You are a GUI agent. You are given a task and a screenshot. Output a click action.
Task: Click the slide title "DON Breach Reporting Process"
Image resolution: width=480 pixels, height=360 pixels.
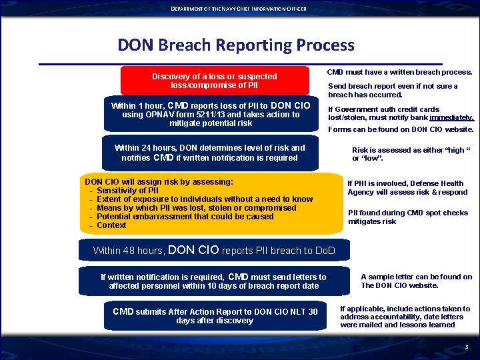click(236, 45)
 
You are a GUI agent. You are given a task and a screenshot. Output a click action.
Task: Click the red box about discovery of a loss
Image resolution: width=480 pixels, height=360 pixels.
click(214, 81)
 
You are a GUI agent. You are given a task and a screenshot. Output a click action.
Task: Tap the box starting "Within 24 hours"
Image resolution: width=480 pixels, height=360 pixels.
click(209, 153)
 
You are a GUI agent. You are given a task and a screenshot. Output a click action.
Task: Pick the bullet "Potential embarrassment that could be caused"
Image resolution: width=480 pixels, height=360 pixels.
click(185, 217)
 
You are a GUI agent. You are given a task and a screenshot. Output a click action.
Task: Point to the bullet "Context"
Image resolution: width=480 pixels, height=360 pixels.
click(111, 225)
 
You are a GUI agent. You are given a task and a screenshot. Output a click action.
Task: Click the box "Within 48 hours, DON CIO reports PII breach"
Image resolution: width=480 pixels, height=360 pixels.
click(213, 251)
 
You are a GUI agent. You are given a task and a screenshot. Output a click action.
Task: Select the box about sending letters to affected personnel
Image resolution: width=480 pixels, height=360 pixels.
click(213, 281)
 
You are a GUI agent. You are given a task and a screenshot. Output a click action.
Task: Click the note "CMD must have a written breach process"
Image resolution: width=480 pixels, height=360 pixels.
click(399, 72)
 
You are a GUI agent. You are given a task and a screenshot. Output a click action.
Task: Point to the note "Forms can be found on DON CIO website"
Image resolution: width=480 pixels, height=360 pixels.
click(401, 129)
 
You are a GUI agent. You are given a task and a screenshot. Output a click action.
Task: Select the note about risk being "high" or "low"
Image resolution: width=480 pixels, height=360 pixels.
click(411, 155)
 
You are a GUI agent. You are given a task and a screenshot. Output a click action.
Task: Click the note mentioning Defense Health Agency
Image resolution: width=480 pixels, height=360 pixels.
click(407, 188)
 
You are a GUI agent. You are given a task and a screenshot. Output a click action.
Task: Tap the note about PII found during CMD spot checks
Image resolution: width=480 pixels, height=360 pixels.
click(408, 217)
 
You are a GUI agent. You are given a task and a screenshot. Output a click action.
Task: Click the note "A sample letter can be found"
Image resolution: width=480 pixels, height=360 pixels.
click(416, 281)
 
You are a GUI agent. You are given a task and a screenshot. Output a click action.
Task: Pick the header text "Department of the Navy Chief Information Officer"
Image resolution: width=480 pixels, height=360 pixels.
click(239, 9)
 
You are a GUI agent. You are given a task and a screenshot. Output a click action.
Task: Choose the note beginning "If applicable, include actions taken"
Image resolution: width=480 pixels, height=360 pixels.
click(405, 317)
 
